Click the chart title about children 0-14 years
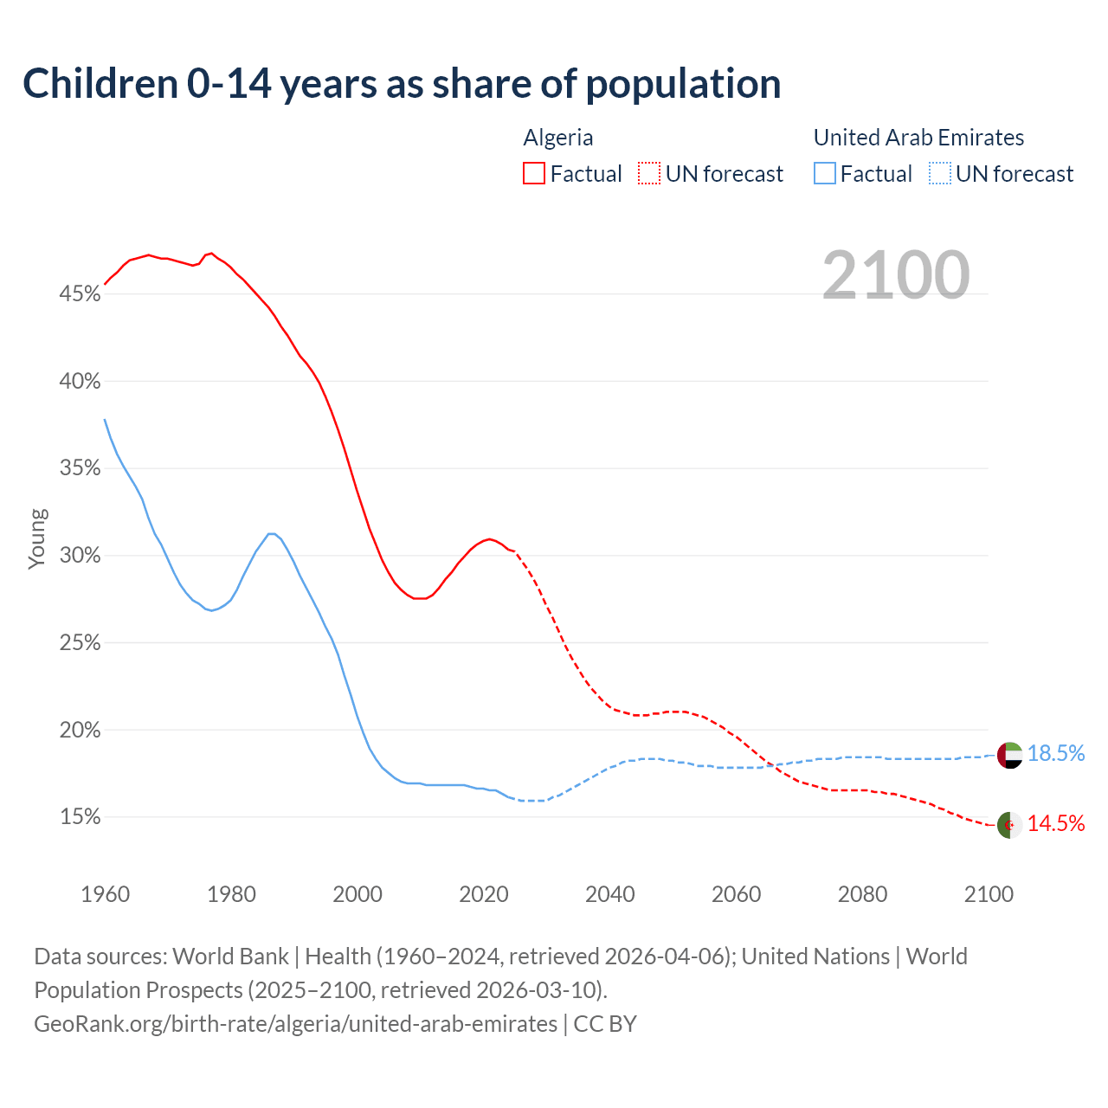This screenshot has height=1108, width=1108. tap(402, 84)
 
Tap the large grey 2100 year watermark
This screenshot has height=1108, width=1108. tap(896, 275)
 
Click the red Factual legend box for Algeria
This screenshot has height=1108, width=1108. tap(534, 173)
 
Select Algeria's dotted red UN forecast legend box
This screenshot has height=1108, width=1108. tap(649, 173)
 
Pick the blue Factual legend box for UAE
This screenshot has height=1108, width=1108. tap(825, 173)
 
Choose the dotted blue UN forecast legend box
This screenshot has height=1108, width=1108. tap(940, 173)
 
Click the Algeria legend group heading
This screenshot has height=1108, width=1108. tap(558, 138)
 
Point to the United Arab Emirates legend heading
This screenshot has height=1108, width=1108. tap(918, 138)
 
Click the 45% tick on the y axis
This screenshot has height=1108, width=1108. tap(80, 294)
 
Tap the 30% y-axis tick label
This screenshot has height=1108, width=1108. tap(80, 556)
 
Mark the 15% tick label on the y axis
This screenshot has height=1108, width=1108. tap(80, 817)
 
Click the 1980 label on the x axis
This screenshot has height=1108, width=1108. tap(231, 894)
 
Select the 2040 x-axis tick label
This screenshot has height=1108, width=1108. tap(609, 894)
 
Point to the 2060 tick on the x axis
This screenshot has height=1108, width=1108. tap(736, 894)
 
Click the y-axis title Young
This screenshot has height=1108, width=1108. tap(37, 538)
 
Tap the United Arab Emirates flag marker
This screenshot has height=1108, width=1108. tap(1009, 755)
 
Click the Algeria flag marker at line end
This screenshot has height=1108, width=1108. tap(1009, 825)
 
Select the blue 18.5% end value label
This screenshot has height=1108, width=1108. tap(1056, 754)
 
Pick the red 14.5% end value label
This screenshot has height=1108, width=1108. tap(1056, 824)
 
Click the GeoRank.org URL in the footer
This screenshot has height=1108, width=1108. tap(295, 1024)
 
